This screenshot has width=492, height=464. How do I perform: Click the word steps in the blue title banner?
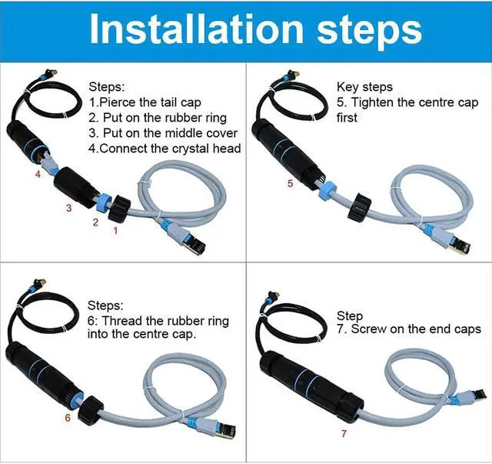point(361,31)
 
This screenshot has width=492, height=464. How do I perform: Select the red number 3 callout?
point(68,209)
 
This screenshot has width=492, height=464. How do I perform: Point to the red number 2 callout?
point(95,223)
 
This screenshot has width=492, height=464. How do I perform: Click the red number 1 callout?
point(116,229)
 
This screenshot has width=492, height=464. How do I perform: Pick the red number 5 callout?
point(290,184)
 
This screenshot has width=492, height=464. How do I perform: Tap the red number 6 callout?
point(67,419)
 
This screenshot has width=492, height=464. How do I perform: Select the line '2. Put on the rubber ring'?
point(158,118)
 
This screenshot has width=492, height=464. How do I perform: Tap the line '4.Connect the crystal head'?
point(165,149)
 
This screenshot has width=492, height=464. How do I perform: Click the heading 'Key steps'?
point(364,87)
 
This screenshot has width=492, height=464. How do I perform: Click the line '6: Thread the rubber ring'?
point(158,320)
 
